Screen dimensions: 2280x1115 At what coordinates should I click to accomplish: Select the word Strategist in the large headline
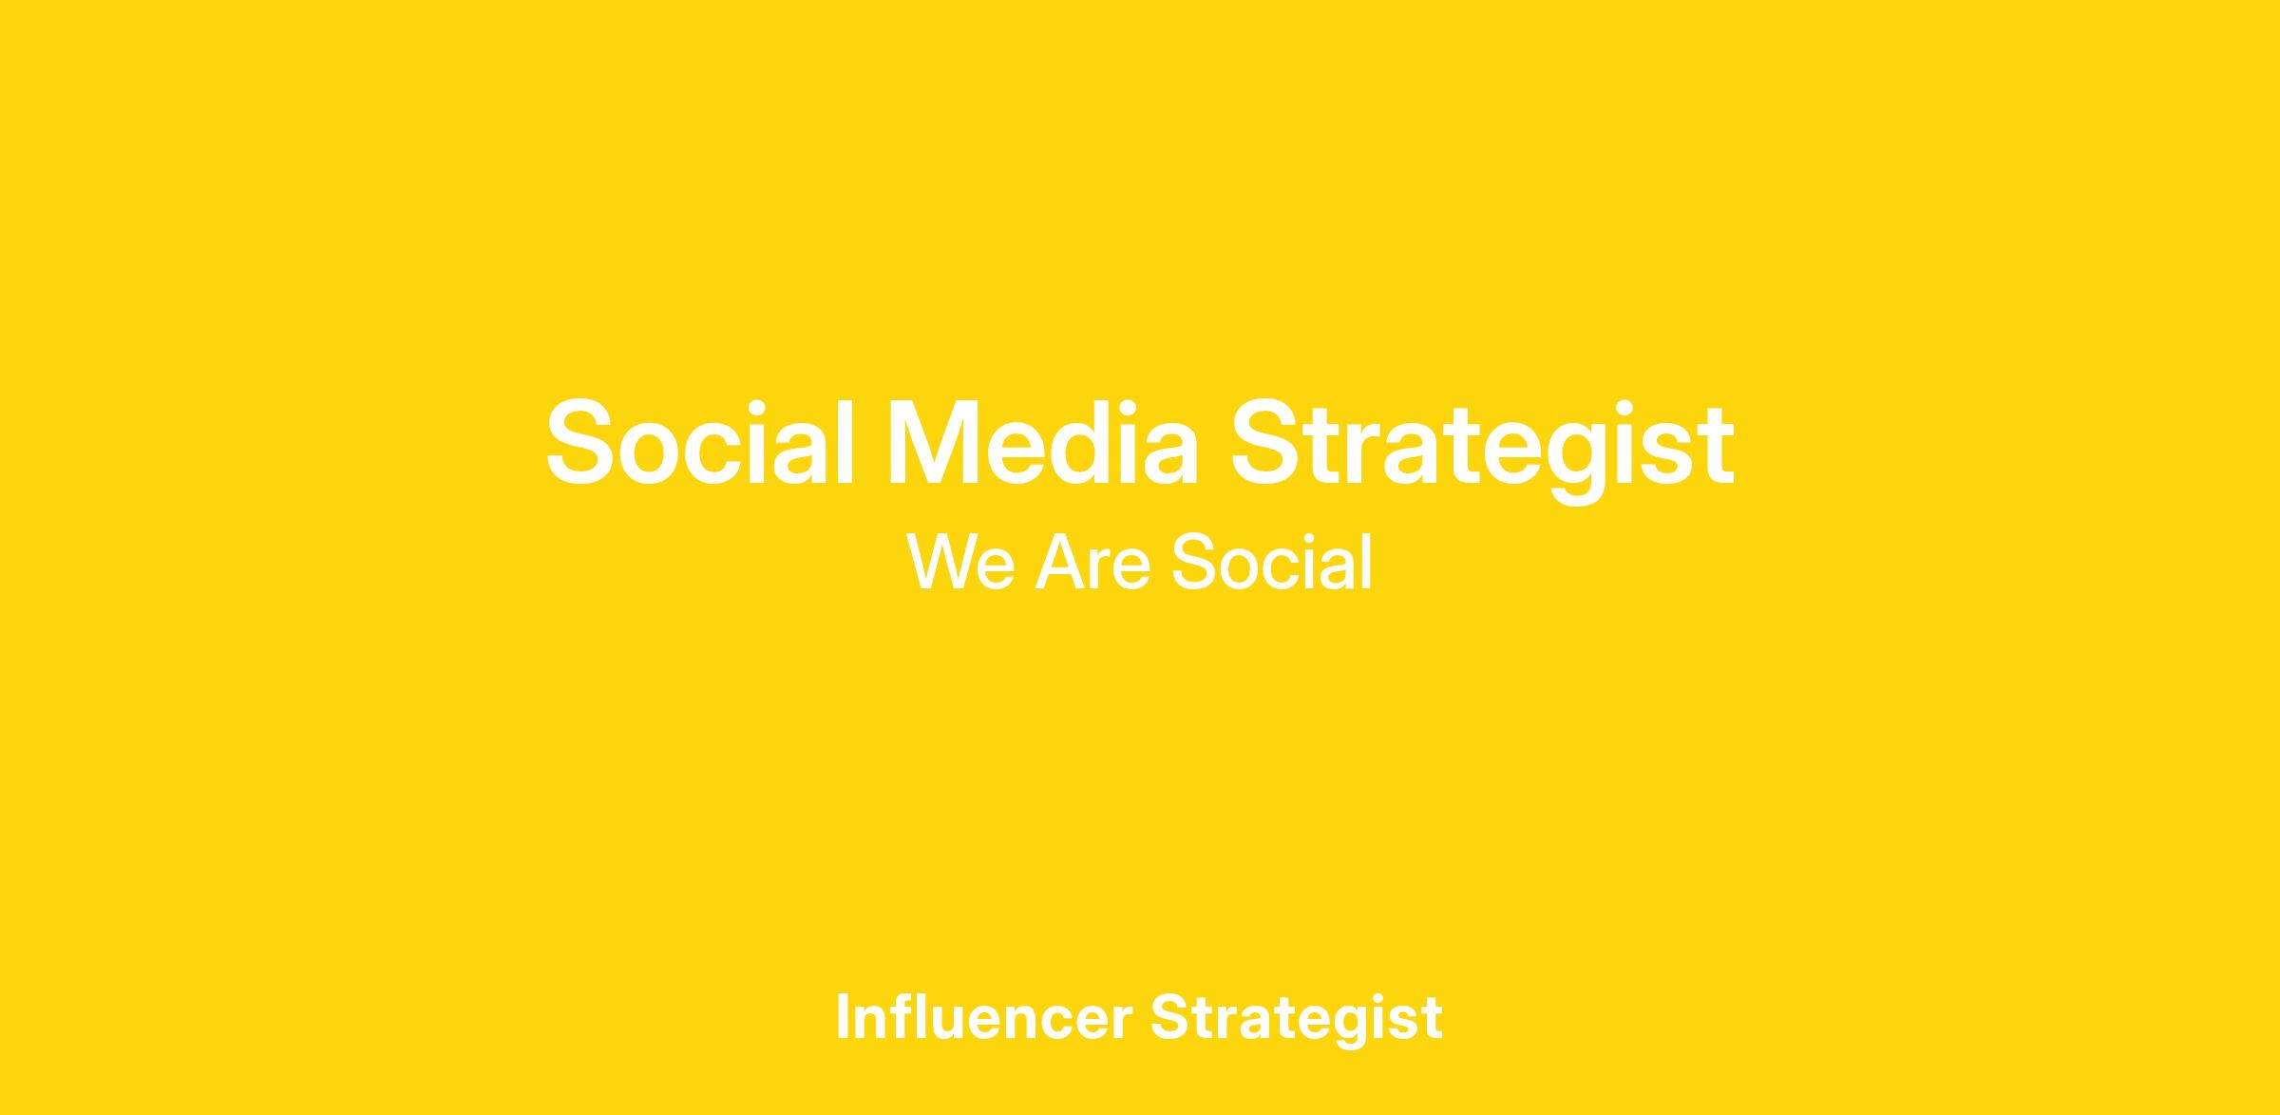[1483, 449]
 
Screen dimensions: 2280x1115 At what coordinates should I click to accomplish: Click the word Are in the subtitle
[1092, 562]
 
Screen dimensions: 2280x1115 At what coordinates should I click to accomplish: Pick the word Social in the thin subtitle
[1272, 562]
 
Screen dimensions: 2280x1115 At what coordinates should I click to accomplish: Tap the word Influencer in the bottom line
[984, 1016]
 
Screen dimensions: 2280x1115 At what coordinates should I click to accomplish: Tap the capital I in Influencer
[842, 1017]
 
